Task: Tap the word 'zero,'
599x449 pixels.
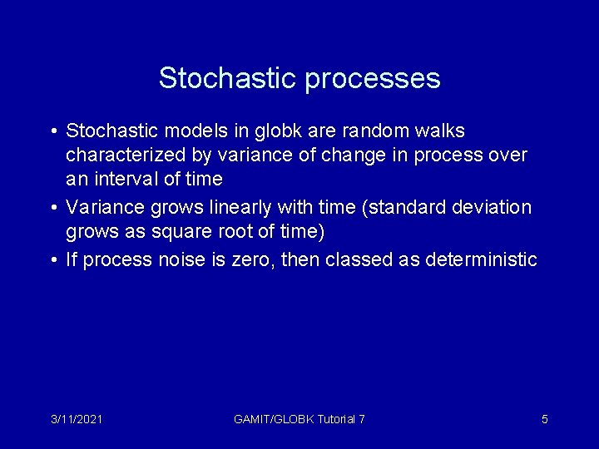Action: (x=249, y=260)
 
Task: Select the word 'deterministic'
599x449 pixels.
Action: (x=481, y=260)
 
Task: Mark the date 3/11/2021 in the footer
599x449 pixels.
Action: (x=76, y=419)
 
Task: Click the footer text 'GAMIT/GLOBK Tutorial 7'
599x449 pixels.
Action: (x=299, y=419)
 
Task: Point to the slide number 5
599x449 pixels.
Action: (x=544, y=419)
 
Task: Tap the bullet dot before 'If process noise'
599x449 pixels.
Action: (x=53, y=261)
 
